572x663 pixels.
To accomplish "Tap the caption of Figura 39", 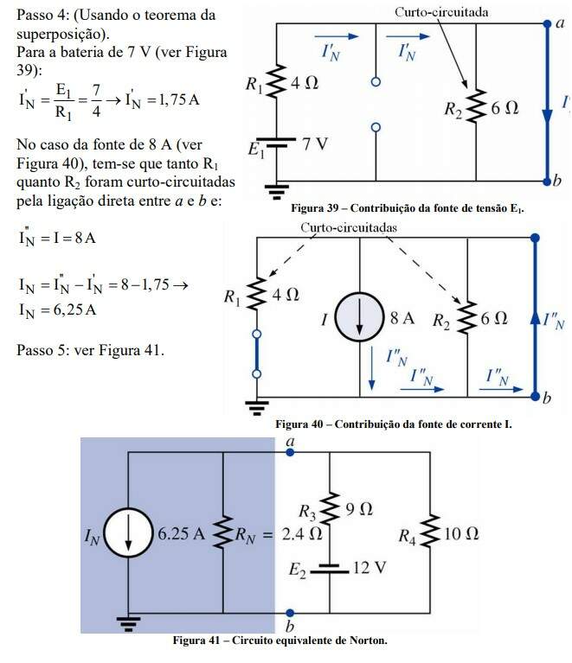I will click(x=408, y=208).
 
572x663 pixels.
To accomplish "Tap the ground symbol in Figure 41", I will click(x=127, y=619).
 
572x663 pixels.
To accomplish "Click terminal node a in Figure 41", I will click(x=288, y=451).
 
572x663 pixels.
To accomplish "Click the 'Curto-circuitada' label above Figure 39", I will click(x=441, y=12).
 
